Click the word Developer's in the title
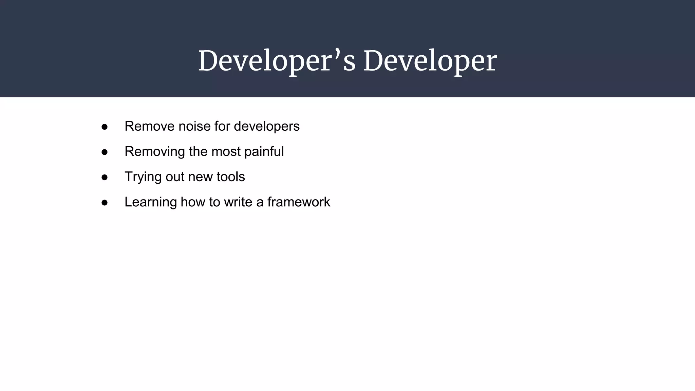pyautogui.click(x=277, y=61)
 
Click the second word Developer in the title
pyautogui.click(x=430, y=61)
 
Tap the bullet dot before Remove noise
pyautogui.click(x=105, y=127)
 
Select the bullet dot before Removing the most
pyautogui.click(x=105, y=152)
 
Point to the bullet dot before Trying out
pyautogui.click(x=105, y=177)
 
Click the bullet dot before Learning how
pyautogui.click(x=105, y=203)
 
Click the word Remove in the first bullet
pyautogui.click(x=149, y=126)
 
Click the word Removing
pyautogui.click(x=154, y=151)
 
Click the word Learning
pyautogui.click(x=150, y=202)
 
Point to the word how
pyautogui.click(x=193, y=202)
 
